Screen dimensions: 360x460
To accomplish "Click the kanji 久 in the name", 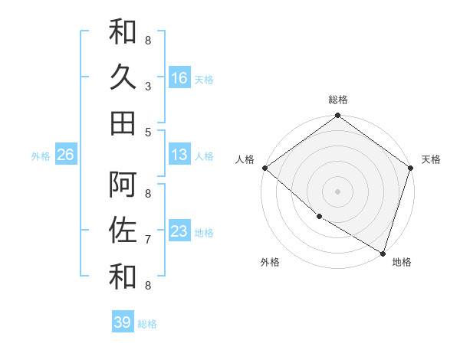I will (123, 77).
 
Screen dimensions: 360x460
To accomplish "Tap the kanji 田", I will (123, 123).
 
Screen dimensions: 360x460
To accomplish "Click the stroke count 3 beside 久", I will (147, 87).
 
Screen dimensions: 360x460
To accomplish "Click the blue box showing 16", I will (179, 78).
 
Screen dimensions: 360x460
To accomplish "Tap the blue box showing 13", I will (179, 155).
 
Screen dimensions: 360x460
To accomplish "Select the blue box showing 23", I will (179, 231).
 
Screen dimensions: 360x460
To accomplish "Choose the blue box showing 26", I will (65, 155).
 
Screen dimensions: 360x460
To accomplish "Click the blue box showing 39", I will (123, 322).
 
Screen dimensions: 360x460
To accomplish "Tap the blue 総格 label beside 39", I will (148, 324).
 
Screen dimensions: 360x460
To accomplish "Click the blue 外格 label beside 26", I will (41, 156).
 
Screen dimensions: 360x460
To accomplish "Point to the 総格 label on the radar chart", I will (338, 100).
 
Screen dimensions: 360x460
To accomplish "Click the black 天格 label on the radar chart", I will (432, 159).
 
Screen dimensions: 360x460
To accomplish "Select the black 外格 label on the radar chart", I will (270, 262).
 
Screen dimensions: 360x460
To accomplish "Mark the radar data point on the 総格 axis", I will (338, 116).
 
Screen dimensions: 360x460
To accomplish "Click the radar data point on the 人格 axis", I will (264, 168).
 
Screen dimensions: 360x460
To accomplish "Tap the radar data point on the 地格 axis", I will (383, 252).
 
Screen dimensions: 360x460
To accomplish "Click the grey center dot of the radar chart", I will (338, 191).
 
